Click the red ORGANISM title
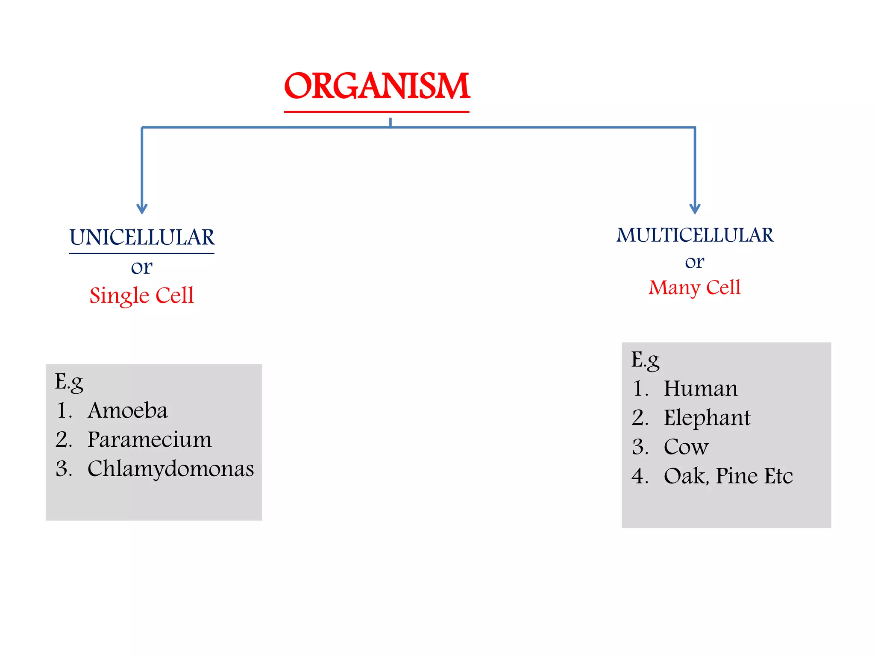click(x=377, y=86)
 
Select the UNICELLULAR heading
click(x=142, y=237)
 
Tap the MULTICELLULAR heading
click(x=695, y=235)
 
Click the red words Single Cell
click(x=141, y=295)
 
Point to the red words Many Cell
click(x=694, y=287)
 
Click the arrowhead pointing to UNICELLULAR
click(x=142, y=209)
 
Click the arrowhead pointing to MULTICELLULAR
click(x=695, y=209)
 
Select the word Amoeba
click(x=127, y=410)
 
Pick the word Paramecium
click(x=149, y=439)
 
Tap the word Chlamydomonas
click(x=170, y=469)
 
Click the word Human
click(x=700, y=389)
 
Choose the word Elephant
click(x=707, y=418)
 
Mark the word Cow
click(x=686, y=447)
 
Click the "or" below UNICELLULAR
click(x=141, y=267)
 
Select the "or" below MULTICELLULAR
click(x=694, y=262)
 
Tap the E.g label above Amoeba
click(x=69, y=381)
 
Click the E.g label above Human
click(x=645, y=360)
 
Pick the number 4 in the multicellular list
click(x=639, y=476)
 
